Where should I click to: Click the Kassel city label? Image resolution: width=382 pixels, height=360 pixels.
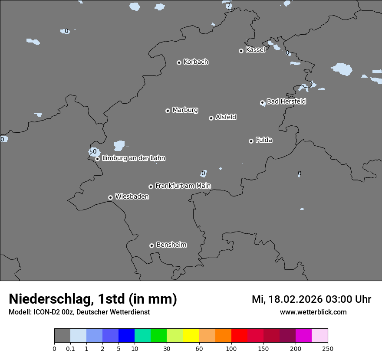pyautogui.click(x=255, y=50)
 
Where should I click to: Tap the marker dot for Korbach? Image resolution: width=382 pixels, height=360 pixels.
pyautogui.click(x=179, y=62)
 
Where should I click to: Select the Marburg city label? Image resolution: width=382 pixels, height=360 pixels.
pyautogui.click(x=185, y=110)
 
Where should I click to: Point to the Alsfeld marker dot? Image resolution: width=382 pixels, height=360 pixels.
pyautogui.click(x=211, y=118)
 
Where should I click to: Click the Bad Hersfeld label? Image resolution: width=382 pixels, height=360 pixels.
pyautogui.click(x=286, y=101)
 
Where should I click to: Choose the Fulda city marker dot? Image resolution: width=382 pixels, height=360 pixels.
pyautogui.click(x=251, y=141)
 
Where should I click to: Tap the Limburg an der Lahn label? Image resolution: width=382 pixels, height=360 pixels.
pyautogui.click(x=133, y=158)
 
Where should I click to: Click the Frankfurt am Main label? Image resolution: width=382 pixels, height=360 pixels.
pyautogui.click(x=183, y=186)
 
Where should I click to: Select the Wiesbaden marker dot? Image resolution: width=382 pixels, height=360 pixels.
pyautogui.click(x=110, y=197)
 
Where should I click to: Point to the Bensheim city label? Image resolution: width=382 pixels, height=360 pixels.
pyautogui.click(x=171, y=245)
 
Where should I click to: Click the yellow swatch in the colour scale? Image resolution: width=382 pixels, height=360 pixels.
pyautogui.click(x=191, y=336)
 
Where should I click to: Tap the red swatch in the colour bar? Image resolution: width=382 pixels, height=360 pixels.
pyautogui.click(x=239, y=336)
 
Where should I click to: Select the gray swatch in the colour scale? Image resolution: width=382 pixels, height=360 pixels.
pyautogui.click(x=62, y=336)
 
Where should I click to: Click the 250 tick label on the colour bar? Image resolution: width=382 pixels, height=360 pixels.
pyautogui.click(x=328, y=348)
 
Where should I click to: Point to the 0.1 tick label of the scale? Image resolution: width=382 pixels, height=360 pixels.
pyautogui.click(x=70, y=348)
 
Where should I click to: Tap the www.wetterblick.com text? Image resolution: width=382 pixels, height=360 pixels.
pyautogui.click(x=313, y=312)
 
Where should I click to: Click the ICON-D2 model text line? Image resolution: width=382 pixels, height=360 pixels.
pyautogui.click(x=79, y=312)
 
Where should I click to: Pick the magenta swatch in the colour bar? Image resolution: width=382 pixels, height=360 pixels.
pyautogui.click(x=303, y=336)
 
